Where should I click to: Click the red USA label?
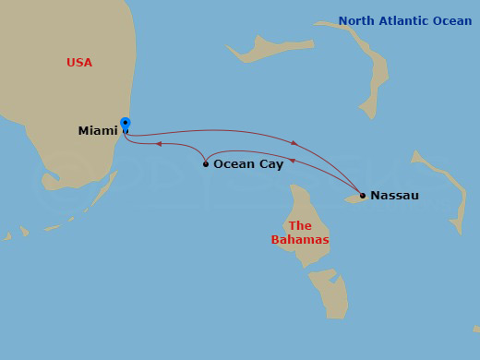pyautogui.click(x=80, y=63)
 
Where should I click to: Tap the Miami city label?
pyautogui.click(x=98, y=131)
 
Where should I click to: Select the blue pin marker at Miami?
pyautogui.click(x=126, y=123)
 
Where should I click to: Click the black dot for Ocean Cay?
pyautogui.click(x=206, y=164)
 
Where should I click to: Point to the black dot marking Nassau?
pyautogui.click(x=363, y=195)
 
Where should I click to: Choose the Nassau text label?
pyautogui.click(x=394, y=196)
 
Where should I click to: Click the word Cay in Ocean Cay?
pyautogui.click(x=270, y=164)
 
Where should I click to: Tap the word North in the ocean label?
pyautogui.click(x=355, y=21)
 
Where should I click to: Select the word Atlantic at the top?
pyautogui.click(x=403, y=21)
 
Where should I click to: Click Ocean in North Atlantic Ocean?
pyautogui.click(x=453, y=21)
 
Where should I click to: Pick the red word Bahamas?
pyautogui.click(x=300, y=240)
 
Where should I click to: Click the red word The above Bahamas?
pyautogui.click(x=300, y=226)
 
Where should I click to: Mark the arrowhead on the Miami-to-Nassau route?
pyautogui.click(x=294, y=143)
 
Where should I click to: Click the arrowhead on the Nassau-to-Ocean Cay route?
pyautogui.click(x=292, y=162)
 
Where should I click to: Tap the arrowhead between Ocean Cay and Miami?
pyautogui.click(x=159, y=144)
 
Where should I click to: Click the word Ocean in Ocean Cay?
pyautogui.click(x=234, y=164)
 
